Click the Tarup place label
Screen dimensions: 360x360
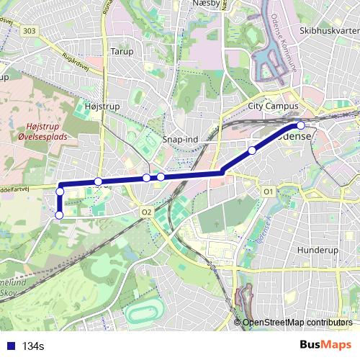pos(117,51)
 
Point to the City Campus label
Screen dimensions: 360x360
pos(272,105)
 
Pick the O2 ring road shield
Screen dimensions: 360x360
pos(146,212)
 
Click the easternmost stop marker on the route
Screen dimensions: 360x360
pos(300,126)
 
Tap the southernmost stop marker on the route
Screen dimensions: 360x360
pos(59,214)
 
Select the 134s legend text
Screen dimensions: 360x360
pos(33,346)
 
